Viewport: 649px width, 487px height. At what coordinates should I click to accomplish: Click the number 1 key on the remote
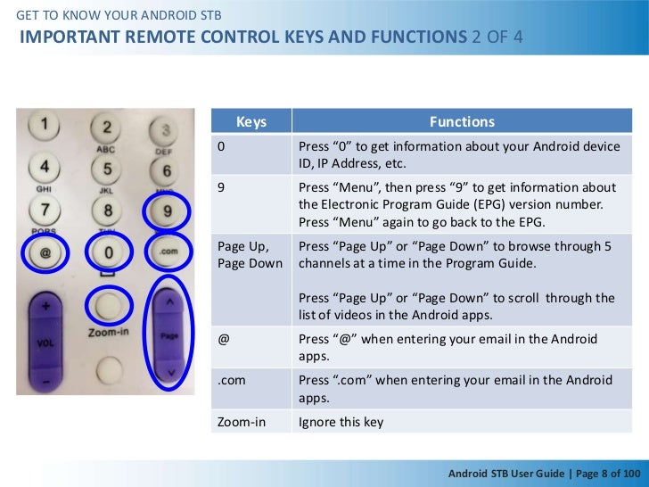45,123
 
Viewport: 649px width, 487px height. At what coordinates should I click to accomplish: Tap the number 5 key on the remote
108,169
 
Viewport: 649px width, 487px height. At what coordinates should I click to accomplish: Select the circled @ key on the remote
45,253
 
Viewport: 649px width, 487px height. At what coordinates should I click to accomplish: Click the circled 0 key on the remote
108,253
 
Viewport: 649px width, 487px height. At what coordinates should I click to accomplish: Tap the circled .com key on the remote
168,252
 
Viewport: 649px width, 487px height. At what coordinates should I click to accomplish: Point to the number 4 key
45,166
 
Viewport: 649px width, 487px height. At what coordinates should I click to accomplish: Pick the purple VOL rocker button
45,340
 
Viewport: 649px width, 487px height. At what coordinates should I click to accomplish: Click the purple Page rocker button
169,335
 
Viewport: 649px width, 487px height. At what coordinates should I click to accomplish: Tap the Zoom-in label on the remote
108,332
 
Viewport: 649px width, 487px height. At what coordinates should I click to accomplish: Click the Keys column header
251,122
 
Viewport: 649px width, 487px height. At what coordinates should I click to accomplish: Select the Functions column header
462,122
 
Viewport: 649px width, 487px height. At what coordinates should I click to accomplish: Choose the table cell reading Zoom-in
251,422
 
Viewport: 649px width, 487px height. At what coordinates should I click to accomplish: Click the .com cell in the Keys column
251,389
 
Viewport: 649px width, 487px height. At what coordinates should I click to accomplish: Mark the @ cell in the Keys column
251,348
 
